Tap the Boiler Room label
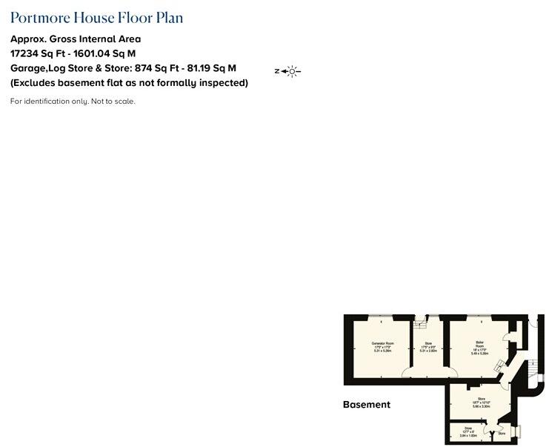[479, 344]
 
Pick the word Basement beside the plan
[366, 405]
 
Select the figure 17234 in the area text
[26, 53]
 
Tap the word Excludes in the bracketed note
[38, 83]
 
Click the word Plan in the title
[168, 18]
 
